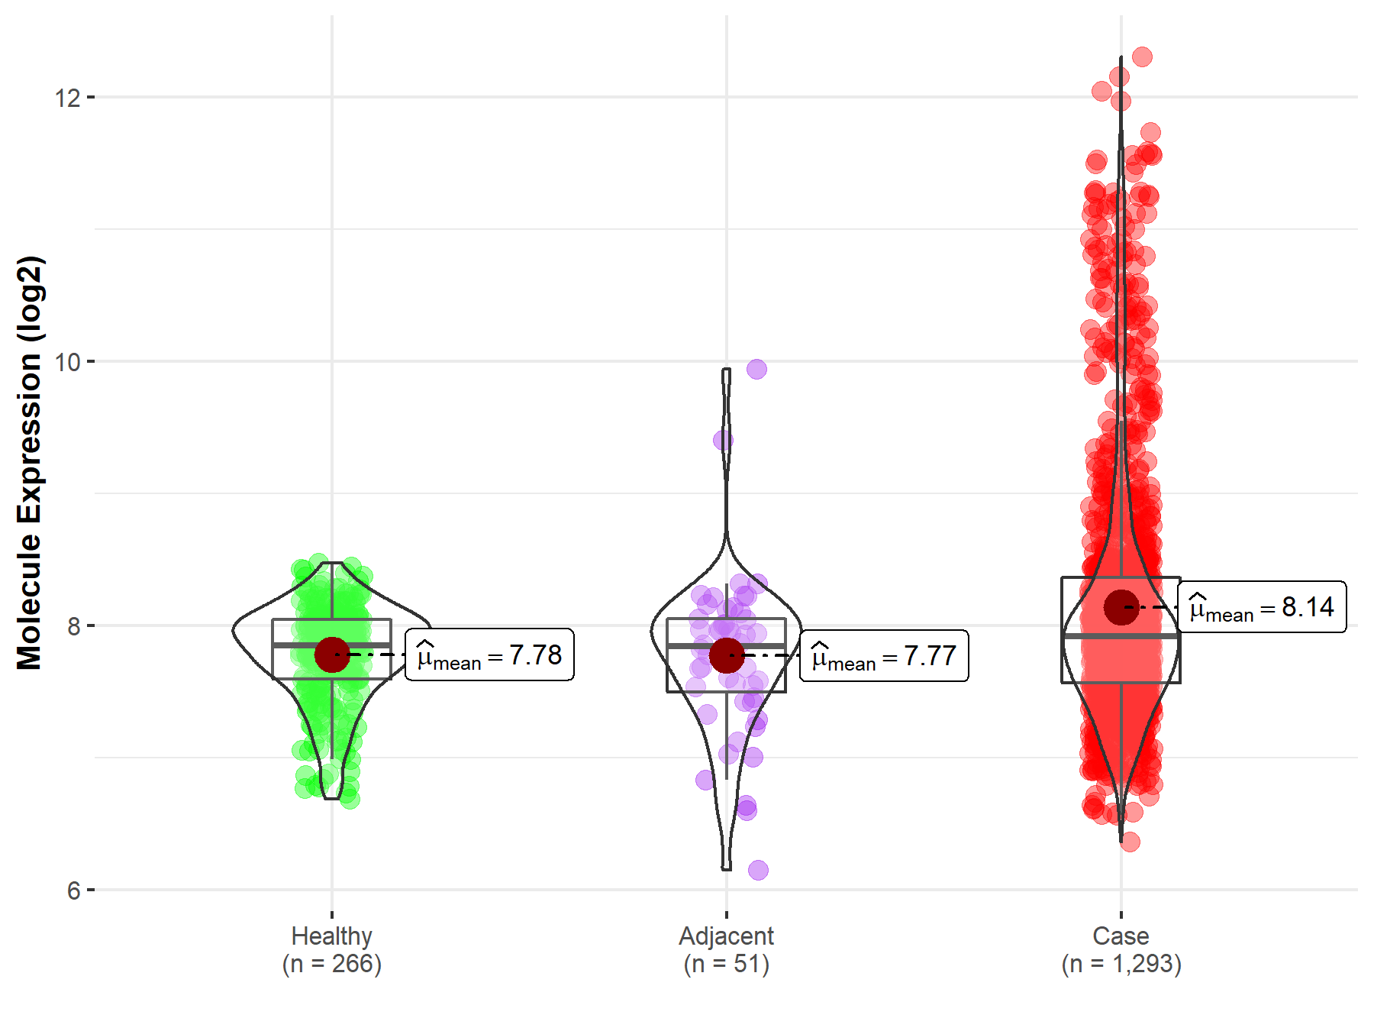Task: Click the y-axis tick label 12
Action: pyautogui.click(x=67, y=98)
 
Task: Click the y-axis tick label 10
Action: pyautogui.click(x=67, y=362)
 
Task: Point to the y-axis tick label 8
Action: pyautogui.click(x=73, y=626)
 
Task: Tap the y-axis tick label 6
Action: pyautogui.click(x=73, y=890)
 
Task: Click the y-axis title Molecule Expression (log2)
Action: pyautogui.click(x=29, y=463)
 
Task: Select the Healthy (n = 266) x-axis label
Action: pyautogui.click(x=332, y=950)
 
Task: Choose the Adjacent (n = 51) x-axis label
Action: pyautogui.click(x=727, y=950)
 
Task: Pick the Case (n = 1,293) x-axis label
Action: pyautogui.click(x=1121, y=950)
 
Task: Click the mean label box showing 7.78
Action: pyautogui.click(x=489, y=655)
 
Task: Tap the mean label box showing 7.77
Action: pyautogui.click(x=884, y=656)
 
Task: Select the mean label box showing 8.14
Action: pyautogui.click(x=1262, y=607)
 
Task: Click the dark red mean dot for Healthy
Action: pyautogui.click(x=332, y=654)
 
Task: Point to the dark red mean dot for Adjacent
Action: pyautogui.click(x=727, y=654)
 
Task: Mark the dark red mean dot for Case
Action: pyautogui.click(x=1121, y=607)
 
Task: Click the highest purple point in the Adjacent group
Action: pyautogui.click(x=756, y=369)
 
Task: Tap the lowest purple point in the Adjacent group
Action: pyautogui.click(x=758, y=870)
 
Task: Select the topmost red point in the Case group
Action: pyautogui.click(x=1142, y=57)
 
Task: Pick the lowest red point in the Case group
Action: pyautogui.click(x=1130, y=842)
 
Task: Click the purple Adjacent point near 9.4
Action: pyautogui.click(x=723, y=440)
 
